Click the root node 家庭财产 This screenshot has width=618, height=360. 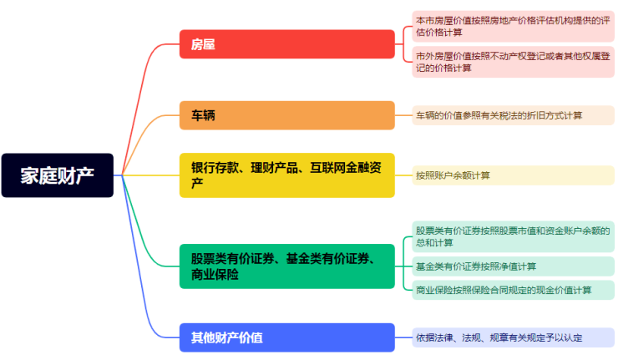point(58,175)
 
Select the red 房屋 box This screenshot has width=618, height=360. point(286,44)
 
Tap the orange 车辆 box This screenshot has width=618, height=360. point(286,115)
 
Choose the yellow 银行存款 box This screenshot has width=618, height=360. point(286,175)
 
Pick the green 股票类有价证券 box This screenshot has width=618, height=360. point(286,266)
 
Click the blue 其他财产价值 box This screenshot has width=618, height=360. point(286,337)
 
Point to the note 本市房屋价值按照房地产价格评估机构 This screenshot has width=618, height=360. point(511,26)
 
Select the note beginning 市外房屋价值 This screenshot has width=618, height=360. point(511,61)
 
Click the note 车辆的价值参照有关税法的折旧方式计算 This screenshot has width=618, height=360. point(511,115)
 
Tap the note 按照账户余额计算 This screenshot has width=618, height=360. point(511,175)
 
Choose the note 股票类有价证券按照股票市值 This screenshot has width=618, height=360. point(511,236)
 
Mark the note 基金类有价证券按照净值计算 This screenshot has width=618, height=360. point(511,266)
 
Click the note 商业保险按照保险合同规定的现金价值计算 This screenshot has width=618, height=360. point(511,290)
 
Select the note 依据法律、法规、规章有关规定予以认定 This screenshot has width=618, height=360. point(511,337)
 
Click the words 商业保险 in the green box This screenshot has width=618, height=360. point(215,275)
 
